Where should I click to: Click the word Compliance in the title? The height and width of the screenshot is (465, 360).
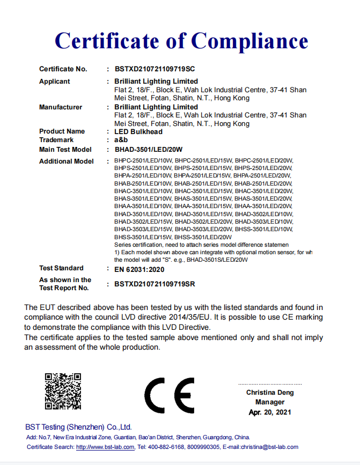coord(249,41)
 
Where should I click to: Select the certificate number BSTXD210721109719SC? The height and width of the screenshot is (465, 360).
coord(155,69)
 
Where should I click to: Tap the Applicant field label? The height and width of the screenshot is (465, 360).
coord(55,82)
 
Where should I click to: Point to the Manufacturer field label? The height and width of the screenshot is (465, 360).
coord(61,107)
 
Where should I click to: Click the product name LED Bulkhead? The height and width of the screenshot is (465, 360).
coord(138,131)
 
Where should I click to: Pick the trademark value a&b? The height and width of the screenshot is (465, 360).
coord(121,139)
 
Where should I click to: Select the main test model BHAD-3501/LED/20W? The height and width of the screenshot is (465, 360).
coord(149,149)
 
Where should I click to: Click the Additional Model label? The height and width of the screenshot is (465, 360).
coord(67,161)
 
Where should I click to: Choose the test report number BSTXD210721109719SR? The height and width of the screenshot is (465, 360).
coord(155,284)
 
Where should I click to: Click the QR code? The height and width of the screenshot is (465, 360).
coord(63,391)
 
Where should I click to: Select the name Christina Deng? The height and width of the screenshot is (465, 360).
coord(270,393)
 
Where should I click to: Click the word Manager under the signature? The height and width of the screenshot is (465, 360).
coord(270,402)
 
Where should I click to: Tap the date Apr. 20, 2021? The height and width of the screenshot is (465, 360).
coord(270,412)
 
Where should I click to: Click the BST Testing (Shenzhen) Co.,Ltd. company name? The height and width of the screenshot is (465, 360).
coord(79,427)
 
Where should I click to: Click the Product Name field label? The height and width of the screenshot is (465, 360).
coord(62,131)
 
